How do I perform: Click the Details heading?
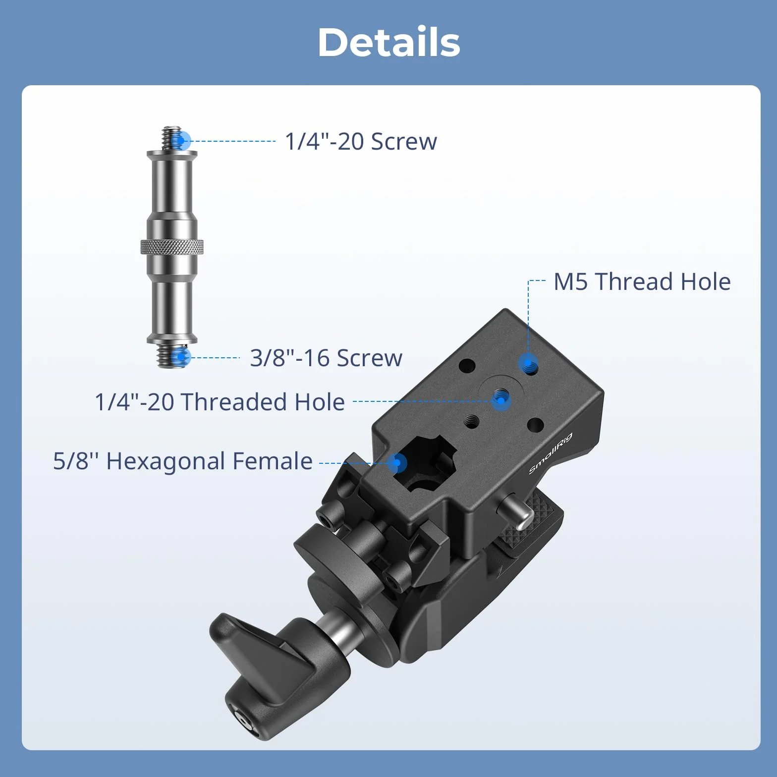(389, 42)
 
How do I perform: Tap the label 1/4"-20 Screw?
(361, 141)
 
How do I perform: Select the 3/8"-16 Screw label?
(326, 358)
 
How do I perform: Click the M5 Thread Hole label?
(642, 281)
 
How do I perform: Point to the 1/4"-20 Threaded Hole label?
(220, 401)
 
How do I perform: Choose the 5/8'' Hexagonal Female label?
(183, 461)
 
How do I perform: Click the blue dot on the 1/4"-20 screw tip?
(182, 141)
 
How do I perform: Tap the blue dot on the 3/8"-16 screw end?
(182, 357)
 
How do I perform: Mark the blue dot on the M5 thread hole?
(528, 364)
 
